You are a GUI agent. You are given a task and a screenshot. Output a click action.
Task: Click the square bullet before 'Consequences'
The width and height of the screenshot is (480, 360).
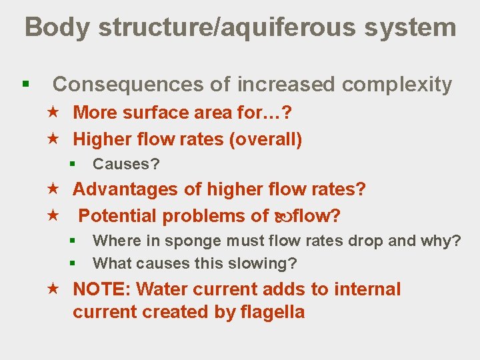click(25, 85)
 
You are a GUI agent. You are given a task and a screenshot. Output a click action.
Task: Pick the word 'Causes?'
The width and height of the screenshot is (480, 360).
click(126, 164)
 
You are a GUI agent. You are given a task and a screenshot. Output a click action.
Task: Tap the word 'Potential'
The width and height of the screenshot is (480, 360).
click(118, 216)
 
